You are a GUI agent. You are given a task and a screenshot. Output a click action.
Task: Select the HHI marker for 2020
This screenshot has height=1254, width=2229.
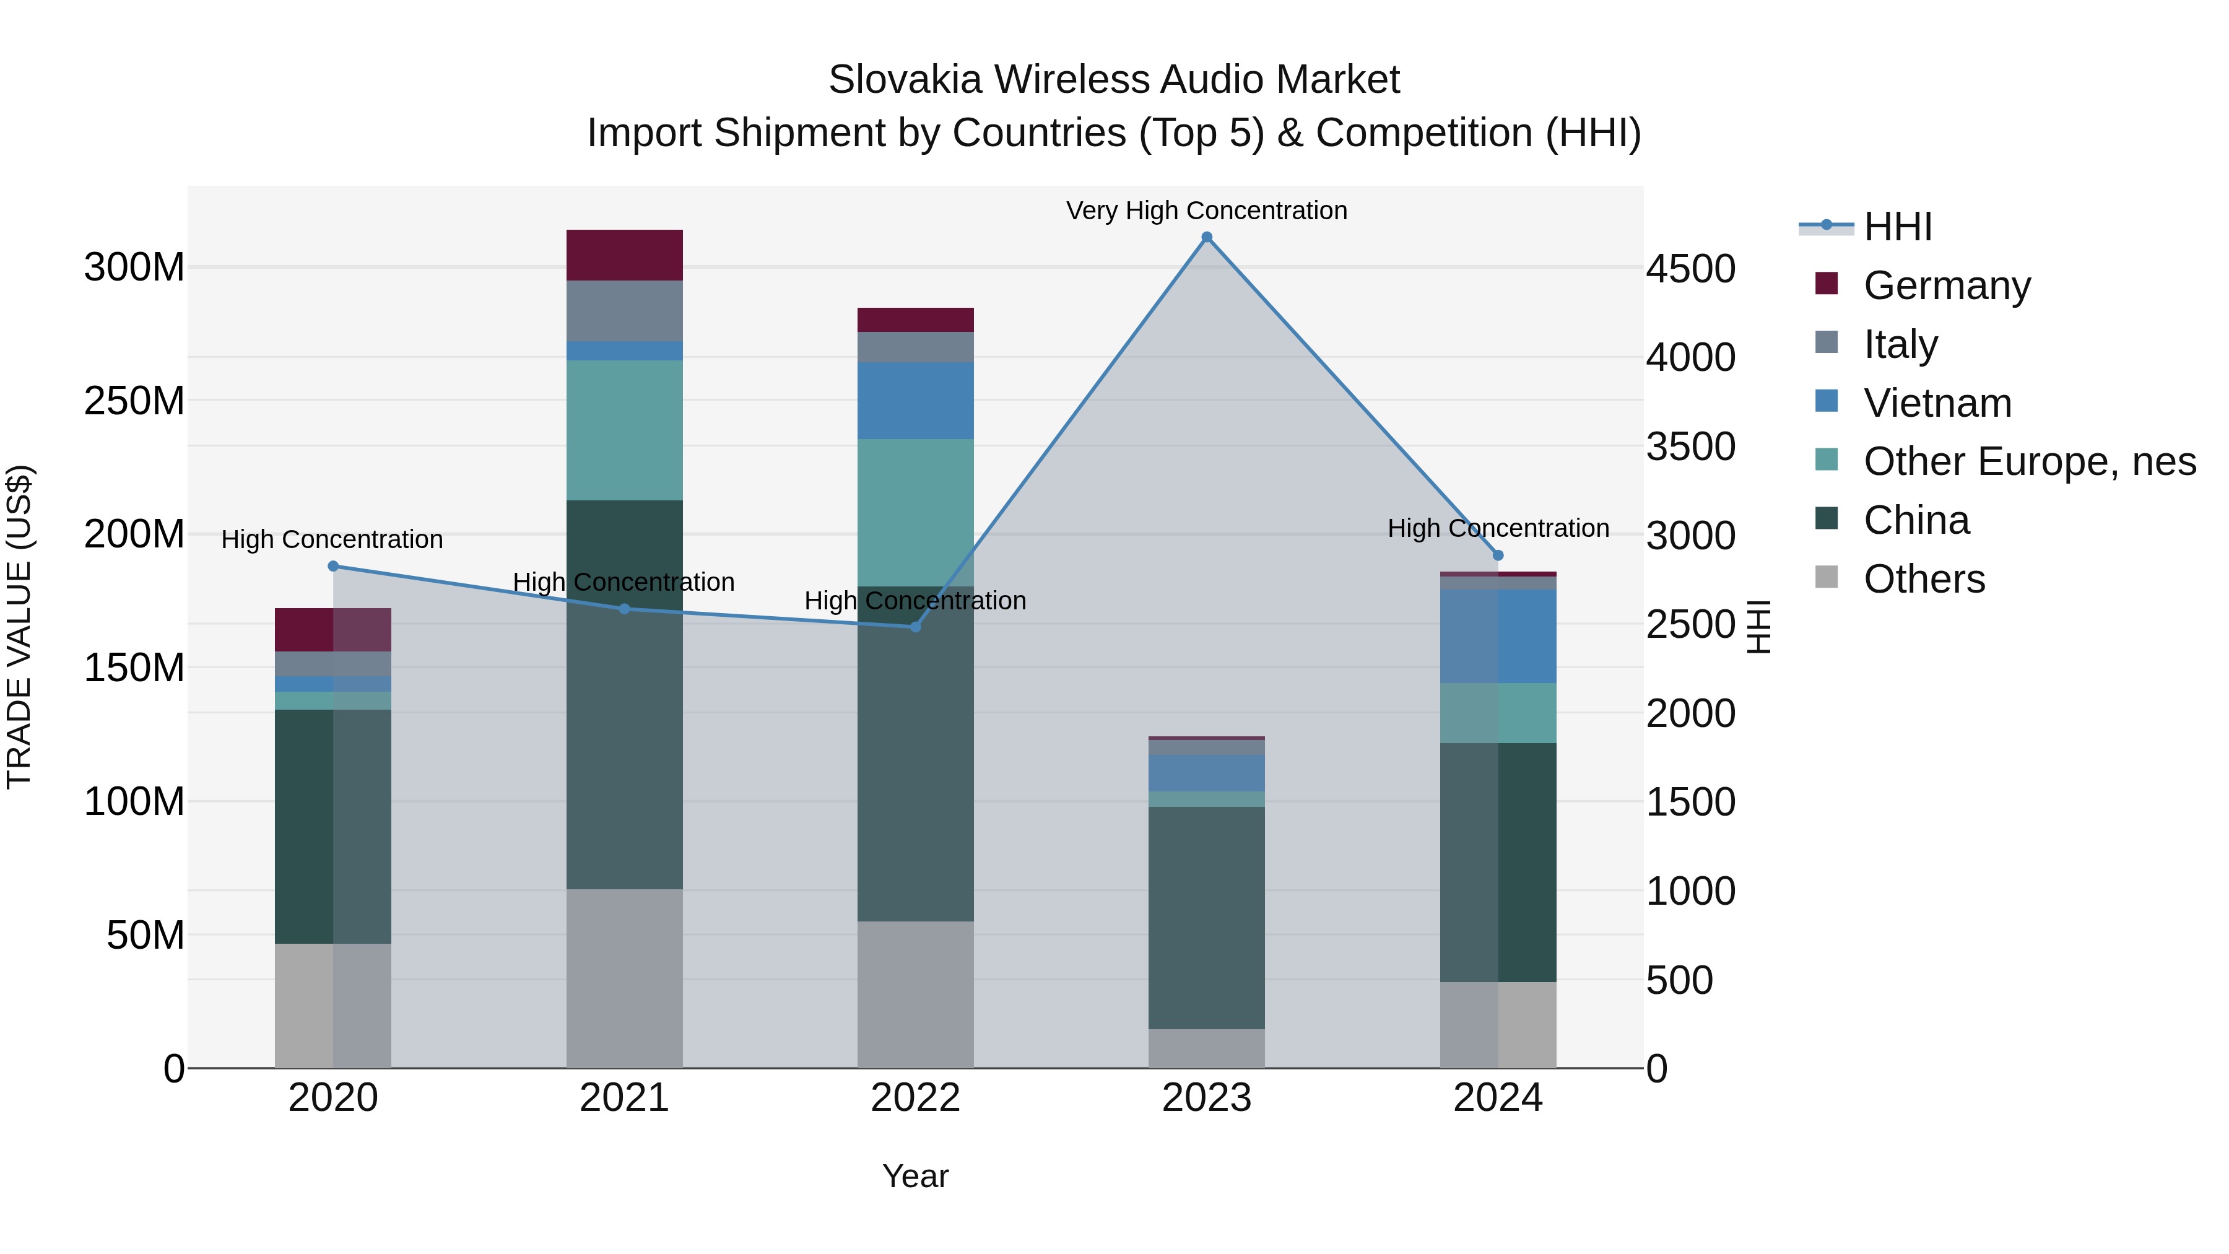point(333,566)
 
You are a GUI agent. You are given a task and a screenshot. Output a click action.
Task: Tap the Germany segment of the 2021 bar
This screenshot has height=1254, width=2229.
point(624,255)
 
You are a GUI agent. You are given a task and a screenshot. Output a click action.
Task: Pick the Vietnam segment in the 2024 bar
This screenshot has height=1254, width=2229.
point(1498,636)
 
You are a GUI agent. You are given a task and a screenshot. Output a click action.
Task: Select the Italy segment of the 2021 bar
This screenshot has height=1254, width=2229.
point(624,311)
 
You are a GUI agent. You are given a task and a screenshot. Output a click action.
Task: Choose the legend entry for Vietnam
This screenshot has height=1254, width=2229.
point(1937,403)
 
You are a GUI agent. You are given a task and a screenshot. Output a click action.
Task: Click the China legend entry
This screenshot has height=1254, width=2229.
point(1916,520)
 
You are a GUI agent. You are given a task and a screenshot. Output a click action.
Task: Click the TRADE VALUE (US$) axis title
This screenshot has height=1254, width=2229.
point(20,627)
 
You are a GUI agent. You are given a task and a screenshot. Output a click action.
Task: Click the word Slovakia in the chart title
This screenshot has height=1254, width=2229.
point(904,80)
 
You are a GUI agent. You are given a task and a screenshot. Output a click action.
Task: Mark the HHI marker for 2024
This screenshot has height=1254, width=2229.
point(1498,555)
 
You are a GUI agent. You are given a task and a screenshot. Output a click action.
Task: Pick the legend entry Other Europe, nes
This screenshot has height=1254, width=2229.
point(2028,461)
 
